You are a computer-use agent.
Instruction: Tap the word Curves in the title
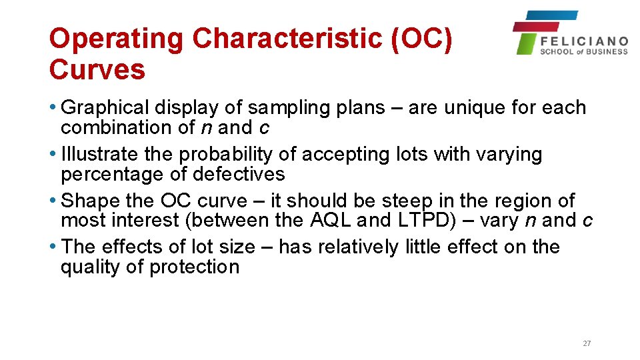(x=97, y=69)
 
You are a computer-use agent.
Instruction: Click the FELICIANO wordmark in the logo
(x=584, y=41)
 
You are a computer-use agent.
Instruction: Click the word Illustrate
(x=93, y=154)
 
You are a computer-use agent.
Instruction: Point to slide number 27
(x=587, y=343)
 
